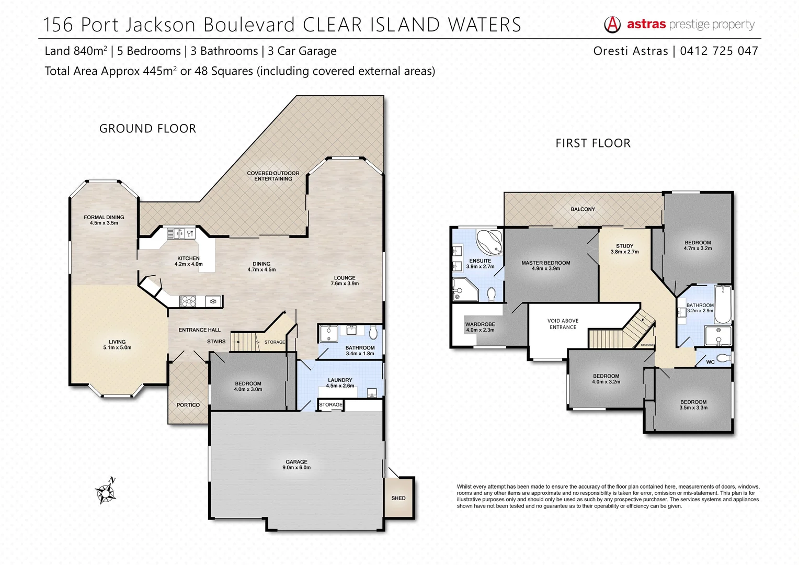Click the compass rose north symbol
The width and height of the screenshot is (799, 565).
(106, 492)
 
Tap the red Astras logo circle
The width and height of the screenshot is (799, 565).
(612, 24)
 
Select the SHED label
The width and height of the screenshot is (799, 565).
(398, 498)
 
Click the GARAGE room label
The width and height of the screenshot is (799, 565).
(296, 465)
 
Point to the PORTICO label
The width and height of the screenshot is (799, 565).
(188, 405)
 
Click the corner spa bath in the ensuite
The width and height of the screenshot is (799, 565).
(490, 241)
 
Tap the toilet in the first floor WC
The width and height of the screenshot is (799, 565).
(724, 358)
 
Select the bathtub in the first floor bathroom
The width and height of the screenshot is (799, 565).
(723, 304)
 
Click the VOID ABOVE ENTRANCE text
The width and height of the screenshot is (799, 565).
(563, 324)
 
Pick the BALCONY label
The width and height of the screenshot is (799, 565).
(583, 209)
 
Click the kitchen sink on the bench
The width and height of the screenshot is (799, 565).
(178, 234)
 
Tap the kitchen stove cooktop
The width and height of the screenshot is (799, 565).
(188, 301)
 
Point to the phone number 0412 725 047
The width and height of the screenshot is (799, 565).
(718, 51)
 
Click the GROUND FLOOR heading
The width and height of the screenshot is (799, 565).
(147, 129)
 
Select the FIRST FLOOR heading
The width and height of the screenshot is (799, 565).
(592, 143)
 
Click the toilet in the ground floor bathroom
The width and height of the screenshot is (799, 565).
(373, 332)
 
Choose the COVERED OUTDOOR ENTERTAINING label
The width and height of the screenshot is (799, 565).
(273, 176)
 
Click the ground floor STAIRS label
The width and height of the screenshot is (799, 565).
(216, 342)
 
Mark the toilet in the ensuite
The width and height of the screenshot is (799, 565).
(491, 295)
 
